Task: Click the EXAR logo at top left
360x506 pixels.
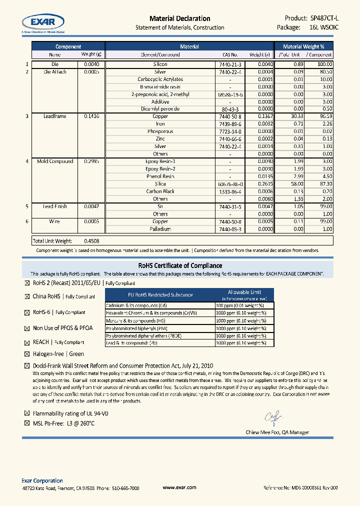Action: [x=42, y=22]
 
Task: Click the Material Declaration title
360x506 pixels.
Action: [x=179, y=18]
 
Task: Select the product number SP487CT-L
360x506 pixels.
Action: [x=321, y=18]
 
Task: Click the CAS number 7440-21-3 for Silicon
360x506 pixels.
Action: [x=230, y=64]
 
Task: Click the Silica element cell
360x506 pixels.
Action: [x=160, y=184]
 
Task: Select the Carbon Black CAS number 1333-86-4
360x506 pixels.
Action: [x=230, y=191]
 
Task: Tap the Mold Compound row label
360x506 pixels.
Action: [x=55, y=161]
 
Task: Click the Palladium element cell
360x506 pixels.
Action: [x=160, y=229]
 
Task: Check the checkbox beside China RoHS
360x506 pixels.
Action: [x=27, y=297]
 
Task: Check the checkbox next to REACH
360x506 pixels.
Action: [x=27, y=343]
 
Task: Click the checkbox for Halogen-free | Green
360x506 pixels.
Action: [x=27, y=354]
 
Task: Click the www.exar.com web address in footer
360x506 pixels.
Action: [x=179, y=487]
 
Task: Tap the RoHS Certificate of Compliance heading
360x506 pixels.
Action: [x=179, y=265]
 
